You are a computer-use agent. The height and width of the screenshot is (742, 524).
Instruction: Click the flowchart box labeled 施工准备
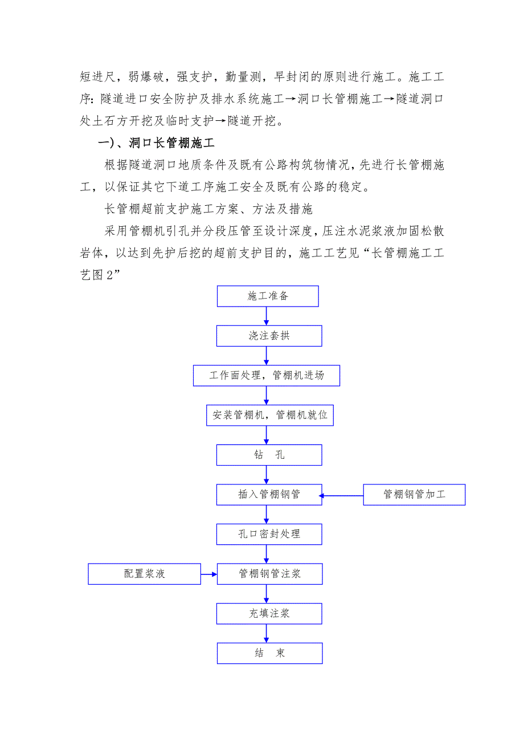(x=268, y=296)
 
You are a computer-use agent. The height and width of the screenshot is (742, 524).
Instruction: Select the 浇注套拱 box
(x=269, y=336)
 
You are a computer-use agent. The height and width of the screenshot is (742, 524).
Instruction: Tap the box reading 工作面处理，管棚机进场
(x=267, y=376)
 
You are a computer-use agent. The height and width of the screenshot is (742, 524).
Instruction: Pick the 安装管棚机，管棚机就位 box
(x=269, y=415)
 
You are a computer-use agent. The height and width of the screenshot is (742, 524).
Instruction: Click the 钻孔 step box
(x=269, y=455)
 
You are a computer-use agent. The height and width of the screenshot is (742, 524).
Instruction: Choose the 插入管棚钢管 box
(x=269, y=495)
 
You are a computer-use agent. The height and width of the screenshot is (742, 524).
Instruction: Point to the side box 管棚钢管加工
(x=414, y=495)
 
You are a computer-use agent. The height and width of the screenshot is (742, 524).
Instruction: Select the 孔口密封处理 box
(x=269, y=534)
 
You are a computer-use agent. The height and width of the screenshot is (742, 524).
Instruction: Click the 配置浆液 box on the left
(x=144, y=574)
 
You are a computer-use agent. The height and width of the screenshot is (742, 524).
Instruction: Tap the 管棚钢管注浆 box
(x=269, y=574)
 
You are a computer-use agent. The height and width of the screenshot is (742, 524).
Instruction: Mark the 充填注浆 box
(x=269, y=613)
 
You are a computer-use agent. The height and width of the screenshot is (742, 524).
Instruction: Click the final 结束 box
(x=269, y=653)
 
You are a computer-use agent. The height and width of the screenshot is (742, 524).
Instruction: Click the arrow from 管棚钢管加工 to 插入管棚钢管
(x=342, y=496)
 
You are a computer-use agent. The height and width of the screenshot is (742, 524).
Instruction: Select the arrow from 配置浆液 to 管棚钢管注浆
(x=208, y=574)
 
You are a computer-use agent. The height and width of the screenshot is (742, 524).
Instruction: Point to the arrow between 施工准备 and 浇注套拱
(x=267, y=316)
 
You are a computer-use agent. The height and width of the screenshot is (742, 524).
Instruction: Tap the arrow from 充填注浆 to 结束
(x=267, y=633)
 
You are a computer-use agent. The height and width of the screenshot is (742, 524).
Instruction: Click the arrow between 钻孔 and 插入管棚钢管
(x=267, y=475)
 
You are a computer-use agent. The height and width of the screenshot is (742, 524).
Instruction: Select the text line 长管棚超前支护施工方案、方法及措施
(x=208, y=209)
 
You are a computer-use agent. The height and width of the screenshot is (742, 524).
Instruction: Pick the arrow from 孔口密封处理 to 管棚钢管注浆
(x=267, y=554)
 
